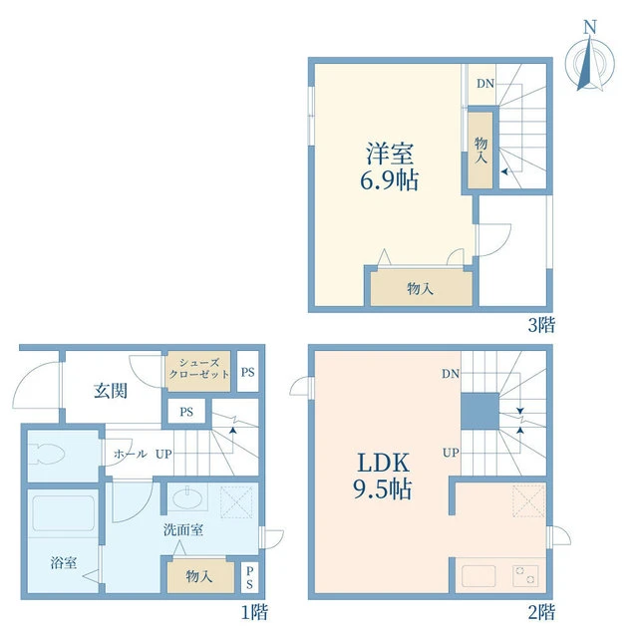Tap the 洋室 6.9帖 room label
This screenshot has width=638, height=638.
coord(390,166)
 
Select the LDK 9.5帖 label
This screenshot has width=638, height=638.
coord(383,476)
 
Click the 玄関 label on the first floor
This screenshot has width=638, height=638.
coord(111,391)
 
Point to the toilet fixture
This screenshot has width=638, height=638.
coord(48,454)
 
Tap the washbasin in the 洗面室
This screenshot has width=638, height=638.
coord(186,496)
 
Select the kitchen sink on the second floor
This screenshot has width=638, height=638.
coord(478,576)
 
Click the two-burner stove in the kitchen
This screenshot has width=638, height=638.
coord(525,576)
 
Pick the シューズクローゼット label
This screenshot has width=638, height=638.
coord(199,369)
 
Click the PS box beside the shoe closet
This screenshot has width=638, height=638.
coord(248,372)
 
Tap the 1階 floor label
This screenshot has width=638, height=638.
coord(255,612)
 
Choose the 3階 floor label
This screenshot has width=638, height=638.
coord(541,325)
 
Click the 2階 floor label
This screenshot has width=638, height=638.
coord(541,612)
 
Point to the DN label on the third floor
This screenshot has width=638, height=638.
coord(485,84)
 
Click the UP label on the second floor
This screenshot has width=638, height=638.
coord(451,453)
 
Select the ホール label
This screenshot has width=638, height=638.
coord(131,454)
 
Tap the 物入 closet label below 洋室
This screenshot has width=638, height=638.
coord(420,288)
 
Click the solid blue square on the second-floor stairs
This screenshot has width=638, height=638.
coord(479,411)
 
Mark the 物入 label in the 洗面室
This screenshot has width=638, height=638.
coord(199,576)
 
